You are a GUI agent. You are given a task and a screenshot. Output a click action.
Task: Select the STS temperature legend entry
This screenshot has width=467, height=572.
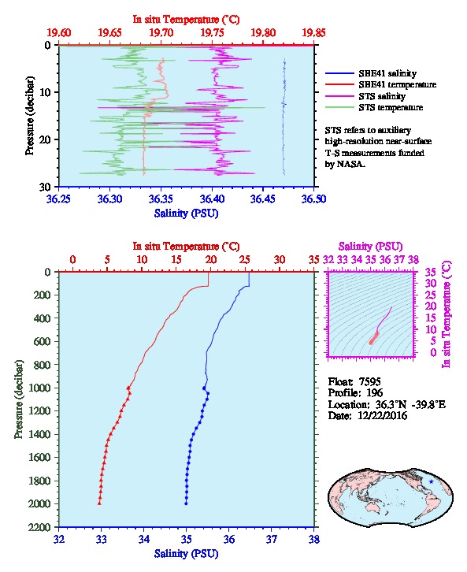click(x=374, y=107)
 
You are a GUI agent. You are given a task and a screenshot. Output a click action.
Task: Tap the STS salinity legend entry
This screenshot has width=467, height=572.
click(x=365, y=96)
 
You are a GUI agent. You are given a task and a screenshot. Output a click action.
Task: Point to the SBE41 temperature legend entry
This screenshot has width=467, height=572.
click(x=380, y=84)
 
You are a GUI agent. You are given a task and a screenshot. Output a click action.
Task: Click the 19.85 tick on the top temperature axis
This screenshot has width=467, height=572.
click(x=313, y=33)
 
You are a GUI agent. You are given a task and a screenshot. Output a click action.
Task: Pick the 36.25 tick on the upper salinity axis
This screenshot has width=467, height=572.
click(x=59, y=199)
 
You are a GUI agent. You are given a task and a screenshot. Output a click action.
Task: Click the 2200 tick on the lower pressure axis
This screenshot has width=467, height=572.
click(x=41, y=527)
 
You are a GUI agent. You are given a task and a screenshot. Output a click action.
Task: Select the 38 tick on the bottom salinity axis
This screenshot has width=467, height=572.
click(x=314, y=539)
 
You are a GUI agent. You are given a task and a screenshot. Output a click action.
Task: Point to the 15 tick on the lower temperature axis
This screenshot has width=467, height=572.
click(x=176, y=260)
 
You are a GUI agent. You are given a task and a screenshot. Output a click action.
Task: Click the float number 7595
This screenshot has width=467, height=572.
click(x=369, y=381)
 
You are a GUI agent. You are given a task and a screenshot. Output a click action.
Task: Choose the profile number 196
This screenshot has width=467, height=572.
click(x=374, y=392)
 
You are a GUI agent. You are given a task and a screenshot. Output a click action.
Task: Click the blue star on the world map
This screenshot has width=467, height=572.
click(x=432, y=481)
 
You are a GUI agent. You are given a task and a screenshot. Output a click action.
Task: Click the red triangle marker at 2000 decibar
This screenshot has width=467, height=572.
click(x=99, y=503)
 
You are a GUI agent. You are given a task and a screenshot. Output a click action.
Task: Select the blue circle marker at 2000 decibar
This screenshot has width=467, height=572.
click(x=186, y=503)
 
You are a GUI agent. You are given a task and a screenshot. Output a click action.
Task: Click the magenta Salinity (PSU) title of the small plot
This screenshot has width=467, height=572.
click(x=370, y=247)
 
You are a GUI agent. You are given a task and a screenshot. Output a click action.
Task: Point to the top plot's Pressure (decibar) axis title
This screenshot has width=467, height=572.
click(x=29, y=116)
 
